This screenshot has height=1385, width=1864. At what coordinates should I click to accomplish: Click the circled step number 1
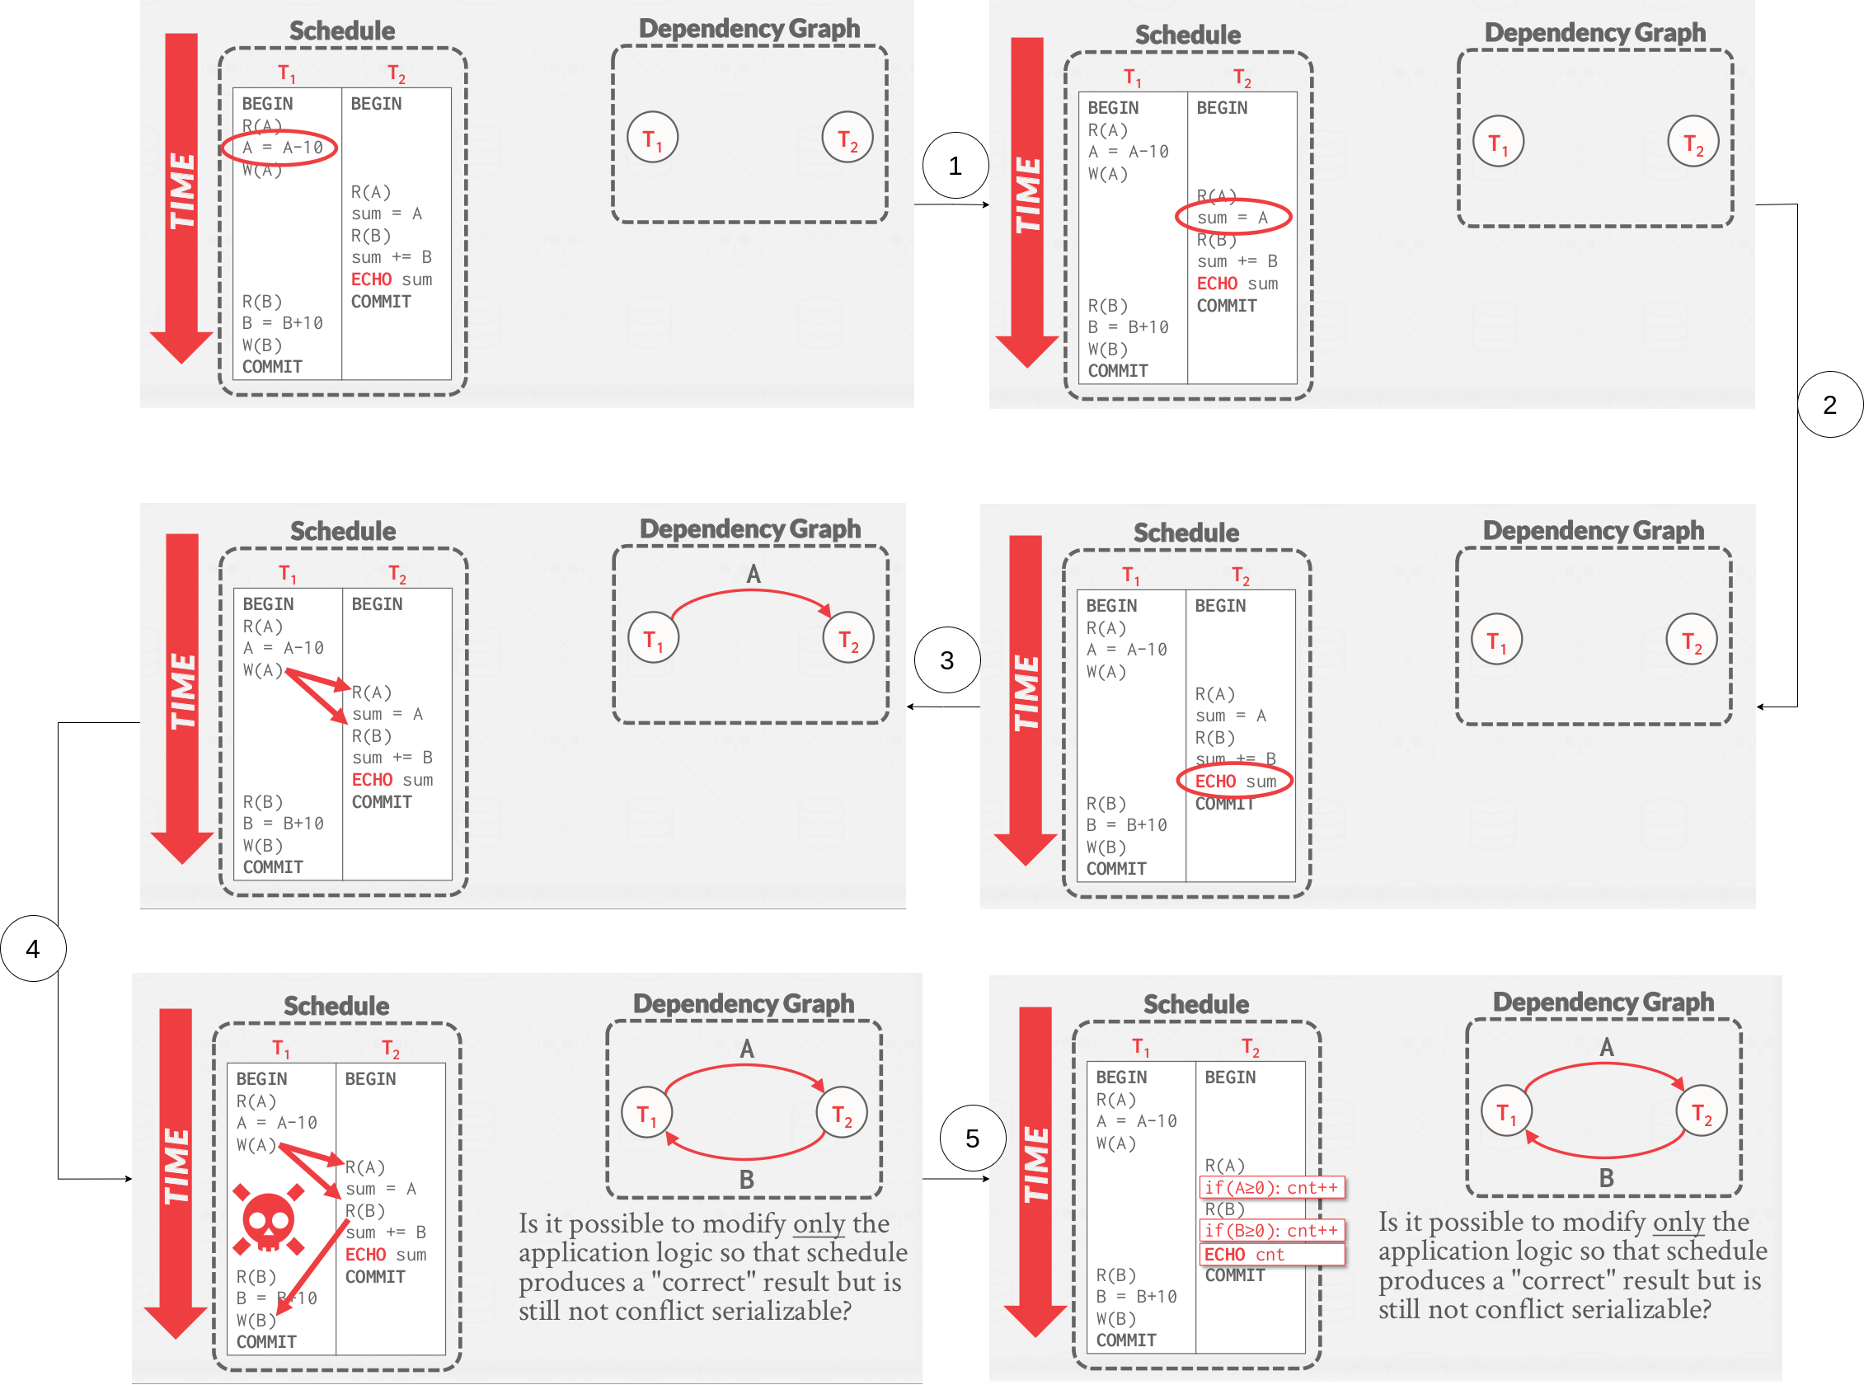click(954, 165)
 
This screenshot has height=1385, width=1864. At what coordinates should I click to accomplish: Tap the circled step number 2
click(1829, 404)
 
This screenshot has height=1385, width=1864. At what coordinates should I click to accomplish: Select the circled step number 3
click(946, 660)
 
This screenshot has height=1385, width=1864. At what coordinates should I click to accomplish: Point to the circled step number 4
click(33, 948)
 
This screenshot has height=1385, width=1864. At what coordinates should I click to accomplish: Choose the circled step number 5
click(972, 1138)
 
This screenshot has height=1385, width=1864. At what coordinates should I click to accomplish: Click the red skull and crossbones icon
click(268, 1221)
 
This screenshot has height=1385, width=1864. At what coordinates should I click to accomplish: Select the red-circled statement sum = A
click(1232, 217)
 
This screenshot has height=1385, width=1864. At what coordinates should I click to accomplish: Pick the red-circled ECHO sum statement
click(1234, 782)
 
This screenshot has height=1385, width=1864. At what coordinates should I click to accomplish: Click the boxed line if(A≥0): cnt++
click(1271, 1187)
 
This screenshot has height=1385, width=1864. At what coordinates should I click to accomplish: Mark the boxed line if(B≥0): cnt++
click(1271, 1231)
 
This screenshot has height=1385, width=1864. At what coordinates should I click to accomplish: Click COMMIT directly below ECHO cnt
click(1234, 1275)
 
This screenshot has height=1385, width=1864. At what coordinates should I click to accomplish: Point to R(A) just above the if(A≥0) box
click(1224, 1166)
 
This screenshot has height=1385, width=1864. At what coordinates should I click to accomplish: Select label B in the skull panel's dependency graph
click(746, 1180)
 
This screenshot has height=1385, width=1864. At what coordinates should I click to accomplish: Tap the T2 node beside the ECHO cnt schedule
click(1702, 1111)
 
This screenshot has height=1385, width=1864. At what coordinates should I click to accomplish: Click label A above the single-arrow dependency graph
click(753, 575)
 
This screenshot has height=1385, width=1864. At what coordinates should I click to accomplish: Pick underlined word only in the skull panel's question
click(819, 1223)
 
